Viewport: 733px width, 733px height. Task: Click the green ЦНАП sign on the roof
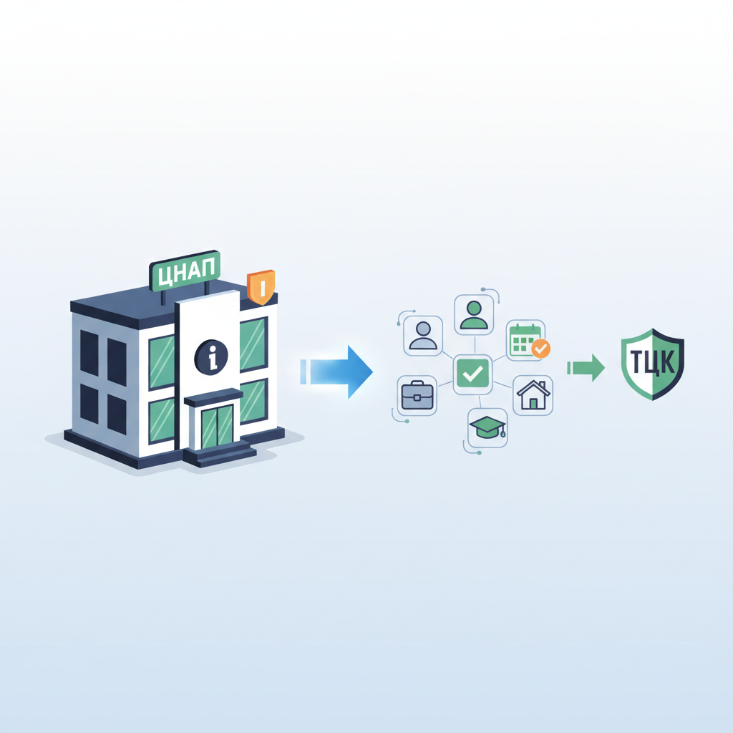point(185,271)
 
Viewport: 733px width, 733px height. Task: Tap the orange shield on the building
point(261,287)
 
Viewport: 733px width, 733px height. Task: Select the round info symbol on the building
point(211,357)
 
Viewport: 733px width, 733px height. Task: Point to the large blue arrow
point(336,372)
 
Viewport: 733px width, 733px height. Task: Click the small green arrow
point(586,368)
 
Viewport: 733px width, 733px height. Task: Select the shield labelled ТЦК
point(653,364)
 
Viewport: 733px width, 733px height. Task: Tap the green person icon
point(474,315)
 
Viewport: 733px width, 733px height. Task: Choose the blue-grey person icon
point(423,336)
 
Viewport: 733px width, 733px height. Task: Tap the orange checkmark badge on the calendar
point(541,349)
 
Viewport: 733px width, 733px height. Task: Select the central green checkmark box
point(472,374)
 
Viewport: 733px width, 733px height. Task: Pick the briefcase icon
point(417,395)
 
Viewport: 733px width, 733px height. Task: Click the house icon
point(533,395)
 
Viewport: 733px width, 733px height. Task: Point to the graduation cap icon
point(487,428)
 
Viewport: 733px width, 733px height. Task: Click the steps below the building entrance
point(220,453)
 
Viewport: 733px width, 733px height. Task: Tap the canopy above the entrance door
point(213,398)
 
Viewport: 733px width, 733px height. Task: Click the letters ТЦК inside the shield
point(653,361)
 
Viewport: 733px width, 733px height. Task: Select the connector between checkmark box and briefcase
point(445,384)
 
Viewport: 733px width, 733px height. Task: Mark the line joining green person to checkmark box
point(474,345)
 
